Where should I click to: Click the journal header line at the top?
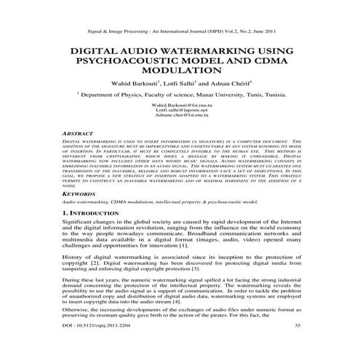(x=180, y=32)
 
